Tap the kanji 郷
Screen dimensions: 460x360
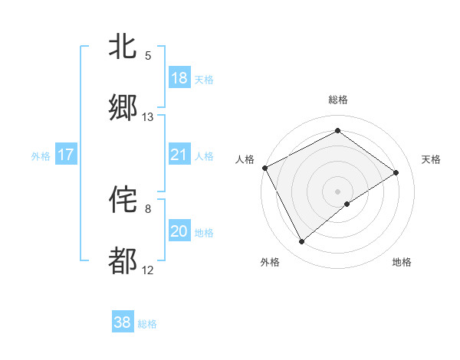pyautogui.click(x=123, y=109)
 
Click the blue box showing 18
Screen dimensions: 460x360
pyautogui.click(x=179, y=78)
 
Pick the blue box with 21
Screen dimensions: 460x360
pyautogui.click(x=179, y=155)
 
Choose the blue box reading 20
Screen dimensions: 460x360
pyautogui.click(x=179, y=231)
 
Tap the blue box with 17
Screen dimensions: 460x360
pyautogui.click(x=66, y=155)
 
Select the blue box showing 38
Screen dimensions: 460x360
pyautogui.click(x=123, y=322)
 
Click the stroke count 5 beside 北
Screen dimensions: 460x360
pyautogui.click(x=148, y=56)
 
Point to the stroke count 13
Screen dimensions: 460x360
pyautogui.click(x=148, y=117)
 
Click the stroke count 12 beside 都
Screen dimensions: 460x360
pyautogui.click(x=148, y=270)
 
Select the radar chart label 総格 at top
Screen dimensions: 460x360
pyautogui.click(x=338, y=100)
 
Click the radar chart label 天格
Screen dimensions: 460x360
pyautogui.click(x=431, y=159)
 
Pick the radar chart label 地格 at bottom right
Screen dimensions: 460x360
pyautogui.click(x=402, y=262)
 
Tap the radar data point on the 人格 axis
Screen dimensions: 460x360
pyautogui.click(x=264, y=168)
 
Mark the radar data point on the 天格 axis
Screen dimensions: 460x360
pyautogui.click(x=396, y=172)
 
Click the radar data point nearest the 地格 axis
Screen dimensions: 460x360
pyautogui.click(x=347, y=204)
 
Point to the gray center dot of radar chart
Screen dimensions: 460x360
pyautogui.click(x=338, y=191)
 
